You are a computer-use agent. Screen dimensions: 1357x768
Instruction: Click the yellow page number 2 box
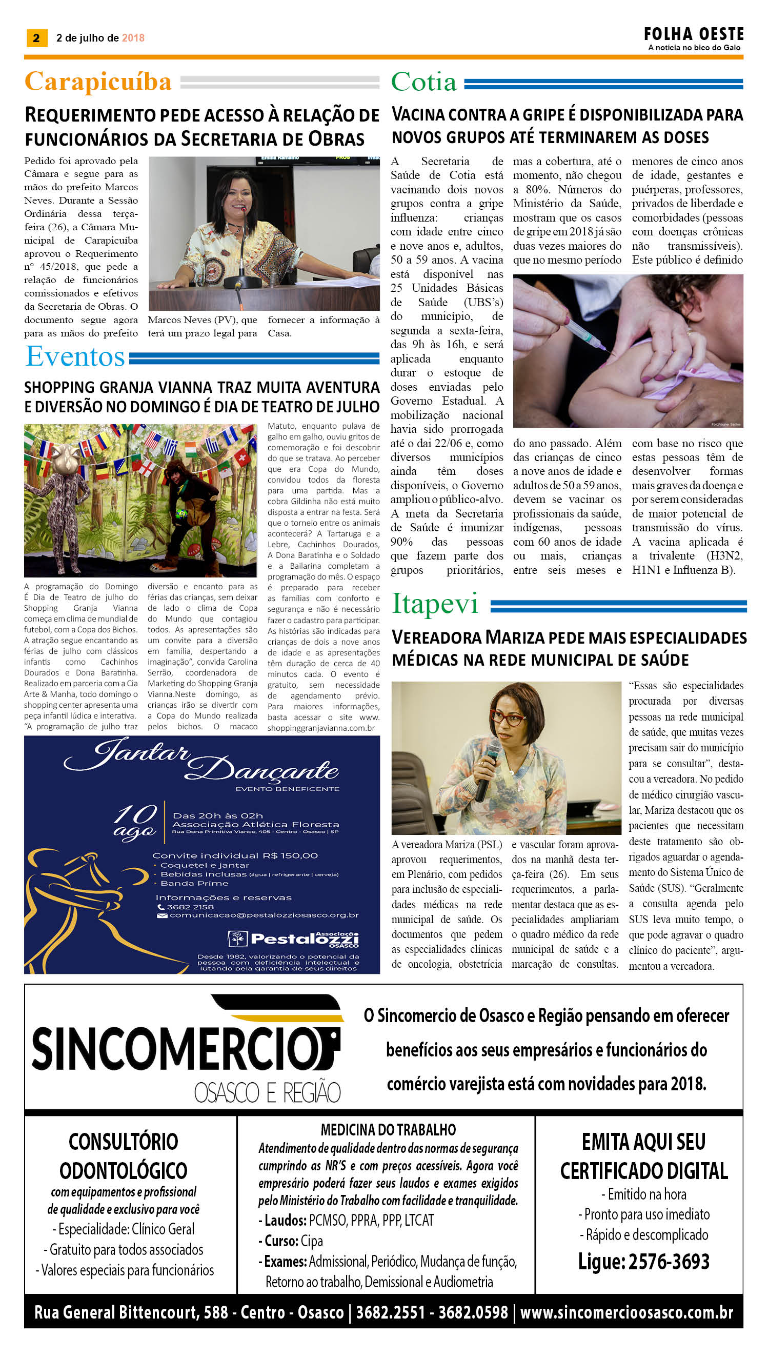(36, 38)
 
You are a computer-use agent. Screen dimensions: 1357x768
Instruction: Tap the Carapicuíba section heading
(98, 82)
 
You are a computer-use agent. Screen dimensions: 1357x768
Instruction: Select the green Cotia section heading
(423, 82)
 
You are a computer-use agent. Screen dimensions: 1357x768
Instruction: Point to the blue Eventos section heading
(75, 356)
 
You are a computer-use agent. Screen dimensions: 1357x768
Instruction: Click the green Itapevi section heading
(435, 604)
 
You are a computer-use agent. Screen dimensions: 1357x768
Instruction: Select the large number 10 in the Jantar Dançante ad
(136, 813)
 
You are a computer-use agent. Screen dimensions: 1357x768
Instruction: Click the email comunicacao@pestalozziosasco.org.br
(264, 915)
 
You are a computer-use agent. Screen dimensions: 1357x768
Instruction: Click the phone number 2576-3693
(669, 1261)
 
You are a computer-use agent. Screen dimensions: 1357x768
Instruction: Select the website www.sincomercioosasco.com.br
(626, 1312)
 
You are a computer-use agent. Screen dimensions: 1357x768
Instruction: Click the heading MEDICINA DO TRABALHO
(388, 1130)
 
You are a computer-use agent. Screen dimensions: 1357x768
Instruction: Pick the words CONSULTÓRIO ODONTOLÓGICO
(124, 1156)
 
